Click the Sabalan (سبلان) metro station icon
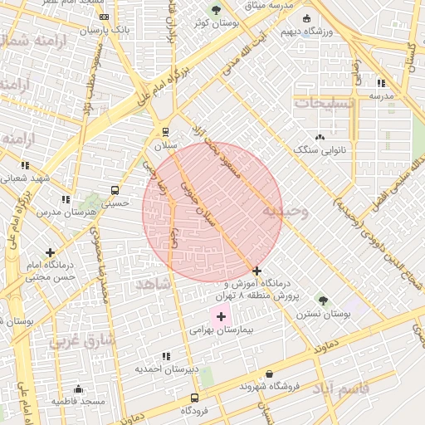coord(165,131)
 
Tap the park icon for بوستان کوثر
coord(217,11)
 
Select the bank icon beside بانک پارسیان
coord(104,17)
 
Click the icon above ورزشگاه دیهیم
coord(306,18)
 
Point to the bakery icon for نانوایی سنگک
coord(320,137)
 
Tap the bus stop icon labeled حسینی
coord(115,189)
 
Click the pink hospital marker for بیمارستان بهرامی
coord(221,316)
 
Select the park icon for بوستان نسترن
coord(323,301)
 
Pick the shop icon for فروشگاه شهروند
coord(268,374)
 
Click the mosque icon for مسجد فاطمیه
coord(78,388)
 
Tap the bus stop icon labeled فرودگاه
coord(194,398)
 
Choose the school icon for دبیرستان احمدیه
coord(167,355)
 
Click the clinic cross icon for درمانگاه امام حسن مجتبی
coord(51,252)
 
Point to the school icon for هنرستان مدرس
coord(65,199)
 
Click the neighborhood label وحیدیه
coord(285,212)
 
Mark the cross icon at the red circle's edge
coord(256,271)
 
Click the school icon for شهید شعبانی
coord(26,165)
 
